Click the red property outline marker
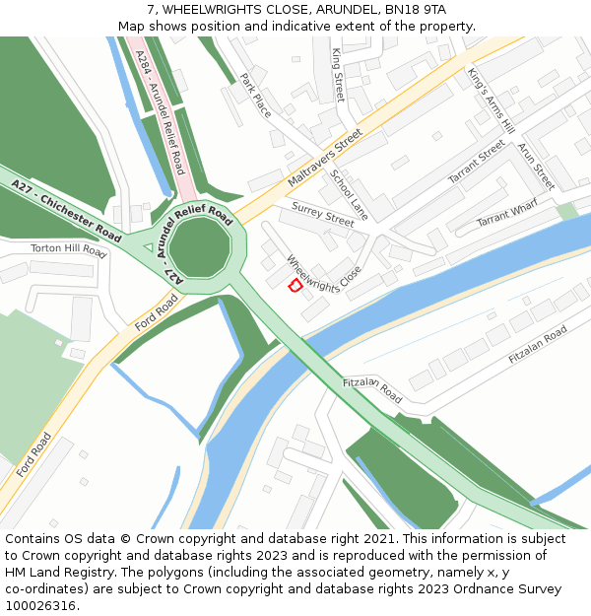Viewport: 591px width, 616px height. [294, 285]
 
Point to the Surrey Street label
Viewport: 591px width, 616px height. [323, 214]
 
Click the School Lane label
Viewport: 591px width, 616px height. [349, 194]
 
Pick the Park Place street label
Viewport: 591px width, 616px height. [255, 95]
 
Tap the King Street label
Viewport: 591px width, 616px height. [338, 74]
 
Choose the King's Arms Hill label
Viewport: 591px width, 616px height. [491, 101]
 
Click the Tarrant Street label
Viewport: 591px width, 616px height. [477, 162]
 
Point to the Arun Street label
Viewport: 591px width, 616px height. [536, 166]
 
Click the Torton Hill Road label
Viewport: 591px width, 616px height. [68, 250]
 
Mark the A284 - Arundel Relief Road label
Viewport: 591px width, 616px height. [161, 113]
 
